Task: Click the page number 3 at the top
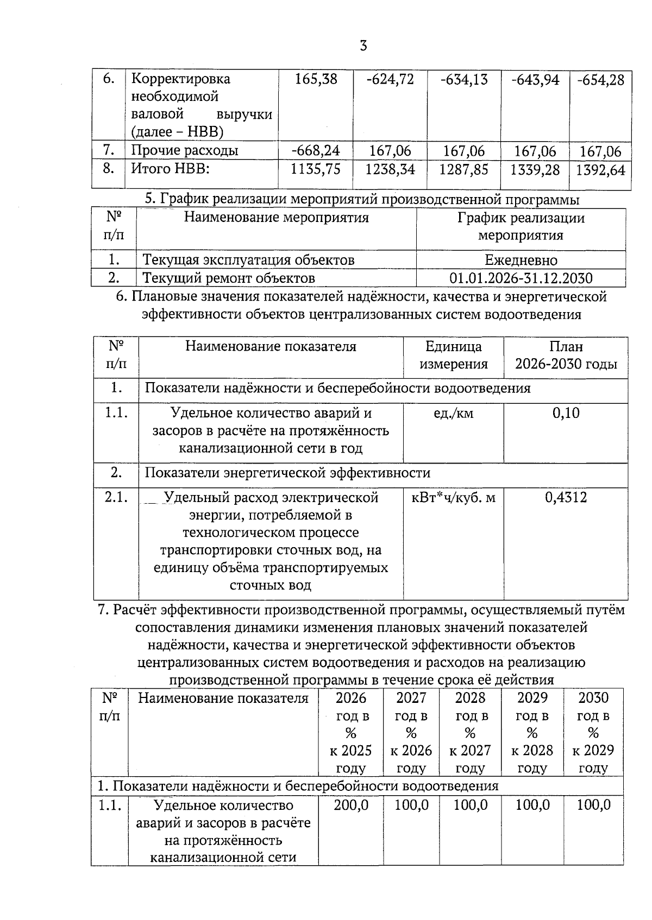point(363,46)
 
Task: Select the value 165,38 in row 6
point(316,79)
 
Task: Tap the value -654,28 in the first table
point(600,80)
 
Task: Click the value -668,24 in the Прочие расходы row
point(316,150)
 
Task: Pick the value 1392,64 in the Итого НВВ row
point(600,170)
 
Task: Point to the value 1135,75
point(316,169)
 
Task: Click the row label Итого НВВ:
point(171,169)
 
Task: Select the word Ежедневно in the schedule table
point(521,260)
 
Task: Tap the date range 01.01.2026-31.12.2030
point(521,278)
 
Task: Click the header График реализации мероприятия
point(521,226)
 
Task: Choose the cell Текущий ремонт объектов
point(229,278)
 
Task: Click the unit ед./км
point(453,414)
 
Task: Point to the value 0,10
point(566,413)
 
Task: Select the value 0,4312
point(566,498)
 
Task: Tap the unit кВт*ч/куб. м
point(453,498)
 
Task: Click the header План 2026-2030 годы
point(566,355)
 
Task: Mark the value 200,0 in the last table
point(350,805)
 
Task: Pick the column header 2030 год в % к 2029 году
point(593,732)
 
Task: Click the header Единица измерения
point(453,355)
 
